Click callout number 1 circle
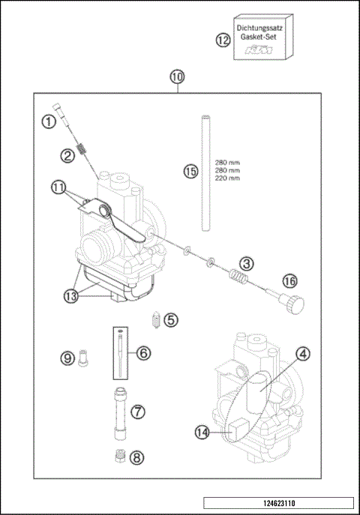click(x=48, y=120)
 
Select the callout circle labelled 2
click(x=68, y=155)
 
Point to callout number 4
click(x=301, y=353)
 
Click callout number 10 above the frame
click(x=176, y=76)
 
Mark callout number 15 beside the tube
click(x=190, y=172)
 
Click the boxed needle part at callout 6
click(x=120, y=349)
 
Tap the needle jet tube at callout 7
click(x=119, y=412)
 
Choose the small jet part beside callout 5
click(x=154, y=319)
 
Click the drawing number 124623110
click(x=278, y=505)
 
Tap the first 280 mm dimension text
click(x=227, y=163)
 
